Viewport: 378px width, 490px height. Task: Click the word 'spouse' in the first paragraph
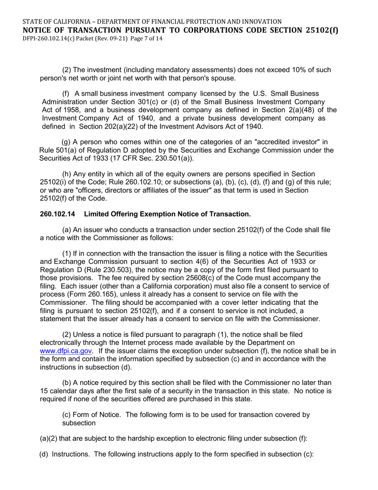click(x=224, y=78)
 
